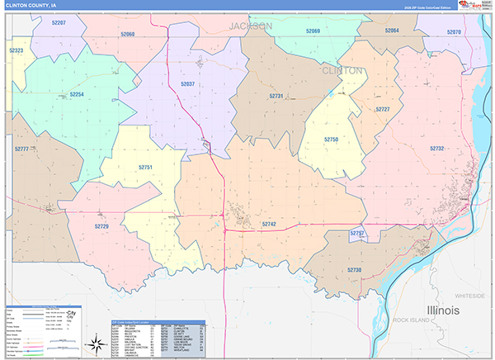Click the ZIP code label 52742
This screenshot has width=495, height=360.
point(269,224)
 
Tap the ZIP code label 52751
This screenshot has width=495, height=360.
point(145,168)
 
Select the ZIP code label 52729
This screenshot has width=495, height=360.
point(101,226)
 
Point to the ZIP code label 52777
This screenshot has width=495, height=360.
point(21,149)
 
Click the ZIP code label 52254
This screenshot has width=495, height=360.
point(77,94)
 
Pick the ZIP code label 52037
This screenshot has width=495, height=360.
point(187,84)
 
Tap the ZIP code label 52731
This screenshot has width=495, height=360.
point(276,96)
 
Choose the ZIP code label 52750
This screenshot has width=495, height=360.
point(331,140)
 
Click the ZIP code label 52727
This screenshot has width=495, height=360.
point(382,109)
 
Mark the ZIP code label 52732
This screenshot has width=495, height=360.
point(436,149)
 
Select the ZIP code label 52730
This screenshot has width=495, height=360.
point(354,270)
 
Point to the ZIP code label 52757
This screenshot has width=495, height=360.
point(357,234)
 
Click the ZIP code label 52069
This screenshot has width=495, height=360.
point(313,31)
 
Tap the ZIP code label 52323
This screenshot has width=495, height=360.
point(16,50)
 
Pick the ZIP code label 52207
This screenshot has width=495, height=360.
point(59,23)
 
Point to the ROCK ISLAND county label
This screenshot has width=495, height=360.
point(412,319)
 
